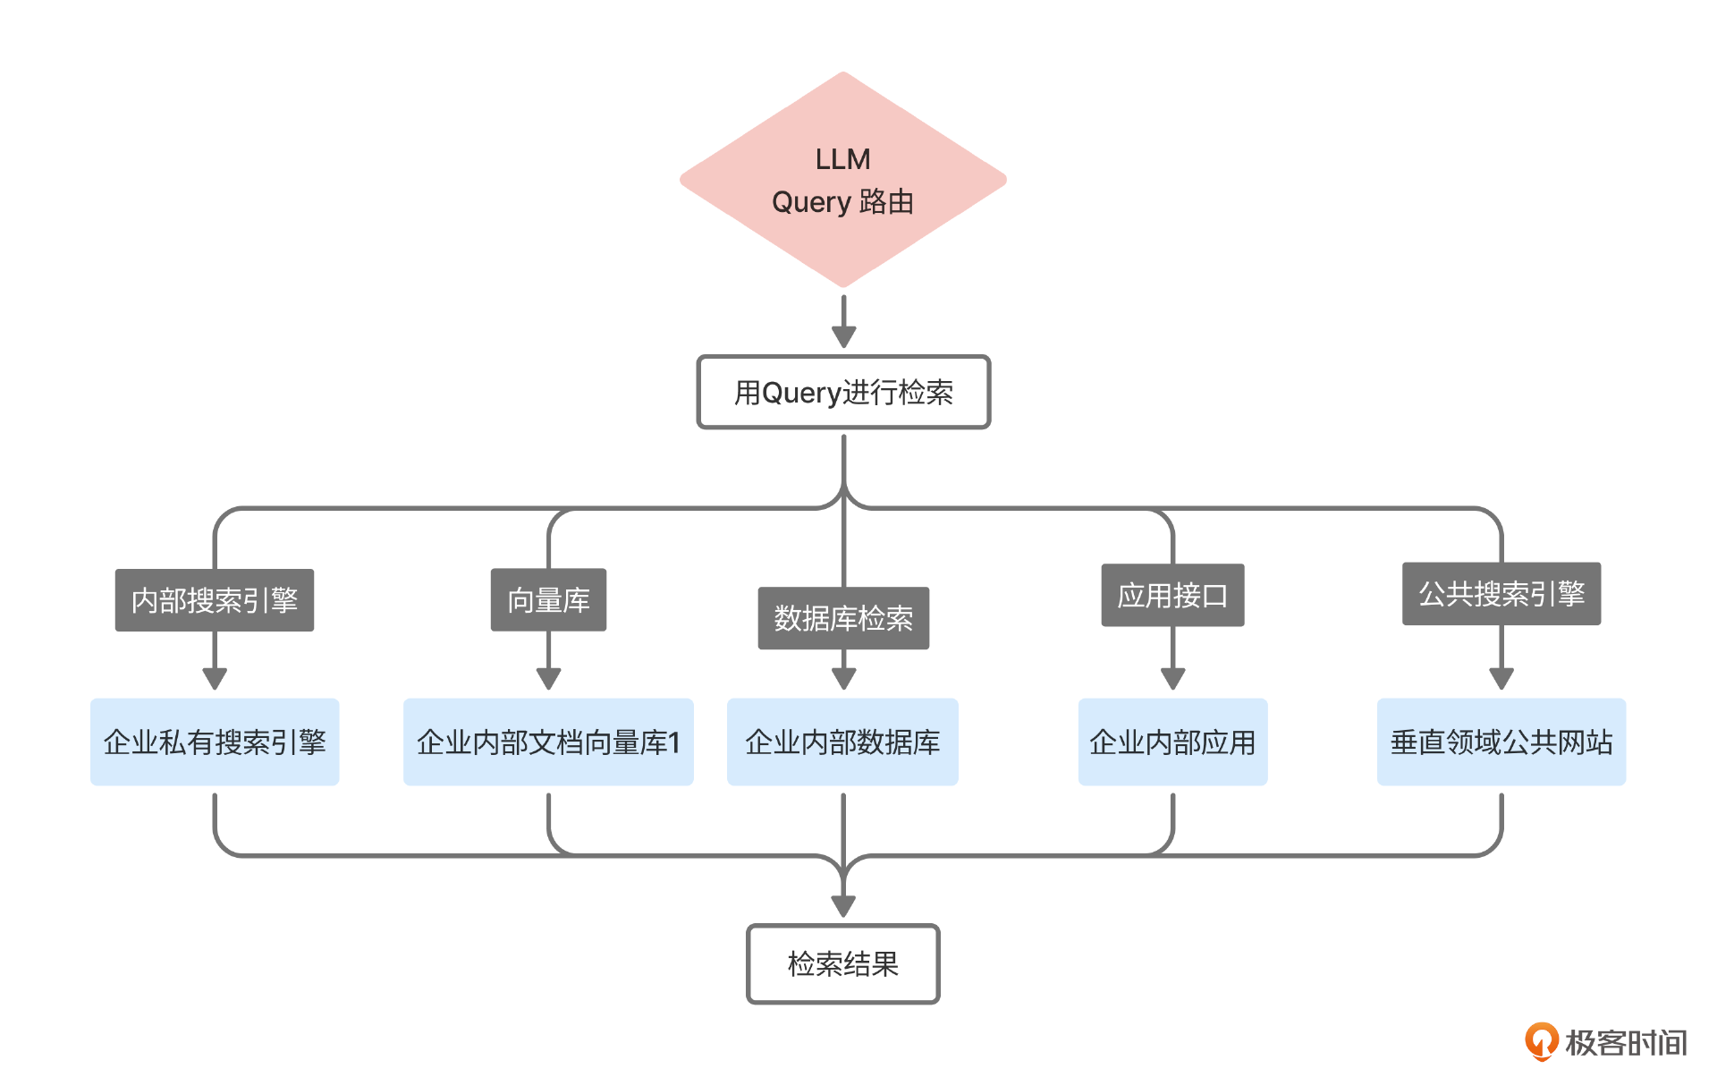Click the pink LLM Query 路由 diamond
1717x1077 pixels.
(842, 180)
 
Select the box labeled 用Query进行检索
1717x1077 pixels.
(842, 393)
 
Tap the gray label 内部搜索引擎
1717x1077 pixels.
(215, 600)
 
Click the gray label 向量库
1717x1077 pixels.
(548, 600)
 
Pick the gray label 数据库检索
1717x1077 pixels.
(842, 618)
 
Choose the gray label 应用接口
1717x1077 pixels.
(1172, 596)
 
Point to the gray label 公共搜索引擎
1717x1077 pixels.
(1501, 594)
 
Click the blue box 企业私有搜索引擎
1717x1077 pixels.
(215, 742)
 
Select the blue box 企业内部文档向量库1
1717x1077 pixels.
(548, 742)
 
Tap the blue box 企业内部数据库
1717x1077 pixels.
(842, 742)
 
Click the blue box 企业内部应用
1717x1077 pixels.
(1172, 742)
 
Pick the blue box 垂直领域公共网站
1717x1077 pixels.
(1501, 742)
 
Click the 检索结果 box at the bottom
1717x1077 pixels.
(842, 963)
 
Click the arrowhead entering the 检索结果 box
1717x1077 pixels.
(843, 906)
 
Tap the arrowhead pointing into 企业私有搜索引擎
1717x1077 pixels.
(215, 678)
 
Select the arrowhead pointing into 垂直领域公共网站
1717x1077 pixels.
(1501, 678)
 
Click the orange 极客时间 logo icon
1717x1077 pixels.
(1541, 1041)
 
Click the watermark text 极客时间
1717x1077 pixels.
(1625, 1043)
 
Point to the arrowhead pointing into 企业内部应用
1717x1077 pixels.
(1172, 678)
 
